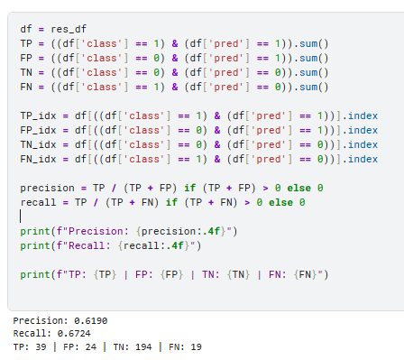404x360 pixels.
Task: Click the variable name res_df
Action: pyautogui.click(x=69, y=29)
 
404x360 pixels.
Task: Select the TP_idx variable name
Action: pyautogui.click(x=38, y=115)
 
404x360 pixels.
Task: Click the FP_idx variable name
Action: pyautogui.click(x=38, y=130)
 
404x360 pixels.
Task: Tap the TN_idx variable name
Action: pyautogui.click(x=38, y=144)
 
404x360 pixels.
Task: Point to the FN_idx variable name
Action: pyautogui.click(x=38, y=159)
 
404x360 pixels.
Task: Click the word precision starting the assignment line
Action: pyautogui.click(x=47, y=189)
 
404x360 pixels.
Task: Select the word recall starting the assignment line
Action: pyautogui.click(x=38, y=202)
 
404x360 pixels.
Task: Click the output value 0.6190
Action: pyautogui.click(x=90, y=321)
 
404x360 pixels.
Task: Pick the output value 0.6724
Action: pyautogui.click(x=74, y=334)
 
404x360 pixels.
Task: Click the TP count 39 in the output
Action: pyautogui.click(x=41, y=347)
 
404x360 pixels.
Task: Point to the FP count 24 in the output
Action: pyautogui.click(x=91, y=347)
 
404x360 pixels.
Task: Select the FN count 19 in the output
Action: pyautogui.click(x=196, y=347)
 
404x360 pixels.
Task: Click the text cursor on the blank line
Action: pyautogui.click(x=21, y=217)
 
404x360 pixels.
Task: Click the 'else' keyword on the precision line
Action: pyautogui.click(x=298, y=188)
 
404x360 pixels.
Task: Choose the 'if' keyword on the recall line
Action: pyautogui.click(x=171, y=202)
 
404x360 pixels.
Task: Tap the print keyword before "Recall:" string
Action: pyautogui.click(x=35, y=246)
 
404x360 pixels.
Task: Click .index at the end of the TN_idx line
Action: pyautogui.click(x=360, y=144)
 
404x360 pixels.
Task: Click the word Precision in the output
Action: pyautogui.click(x=38, y=321)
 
